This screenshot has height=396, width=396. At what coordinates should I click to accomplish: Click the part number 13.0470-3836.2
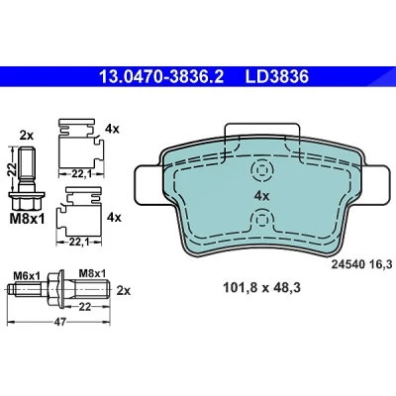[x=161, y=77]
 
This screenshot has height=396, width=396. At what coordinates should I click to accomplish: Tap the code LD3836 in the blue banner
[x=276, y=77]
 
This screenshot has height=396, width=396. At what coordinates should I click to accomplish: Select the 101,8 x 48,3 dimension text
[x=261, y=288]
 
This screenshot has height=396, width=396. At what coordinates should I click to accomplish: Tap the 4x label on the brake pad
[x=261, y=196]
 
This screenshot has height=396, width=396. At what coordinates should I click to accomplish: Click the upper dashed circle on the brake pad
[x=261, y=170]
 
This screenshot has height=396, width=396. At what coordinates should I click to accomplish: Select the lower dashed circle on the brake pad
[x=261, y=220]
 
